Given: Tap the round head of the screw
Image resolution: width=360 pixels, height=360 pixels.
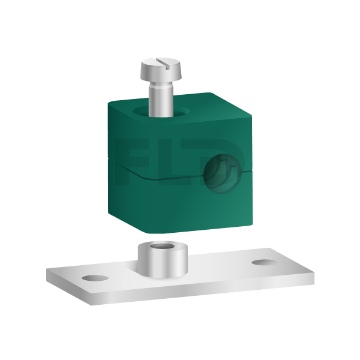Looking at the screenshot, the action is pos(161,70).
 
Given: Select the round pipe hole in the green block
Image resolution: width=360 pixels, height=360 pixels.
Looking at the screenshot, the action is pos(222,173).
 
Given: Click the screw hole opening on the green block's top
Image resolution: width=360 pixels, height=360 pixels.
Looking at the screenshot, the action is pos(161,111).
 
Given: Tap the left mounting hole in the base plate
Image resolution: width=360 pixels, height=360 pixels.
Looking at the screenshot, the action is pos(95,278).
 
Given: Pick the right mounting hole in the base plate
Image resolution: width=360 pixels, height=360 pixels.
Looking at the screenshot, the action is pos(265,263).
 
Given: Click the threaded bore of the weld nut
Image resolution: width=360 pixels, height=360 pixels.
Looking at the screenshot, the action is pos(162,247).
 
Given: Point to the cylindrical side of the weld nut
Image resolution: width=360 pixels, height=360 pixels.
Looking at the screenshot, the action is pos(163,263).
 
